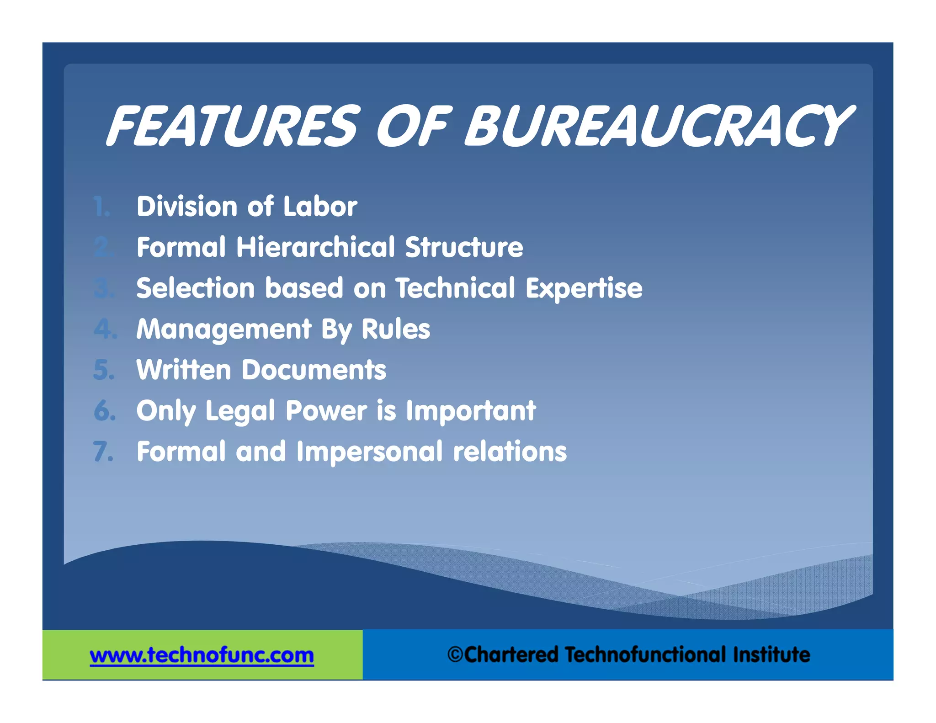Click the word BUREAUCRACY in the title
tap(658, 126)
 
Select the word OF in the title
tap(414, 126)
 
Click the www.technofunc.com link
tap(202, 655)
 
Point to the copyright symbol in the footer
tap(455, 654)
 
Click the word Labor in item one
tap(320, 206)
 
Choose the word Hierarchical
tap(315, 247)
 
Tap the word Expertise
tap(584, 288)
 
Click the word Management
tap(224, 330)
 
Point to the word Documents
tap(314, 370)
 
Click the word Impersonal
tap(369, 452)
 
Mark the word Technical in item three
tap(455, 288)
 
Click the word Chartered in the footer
tap(511, 654)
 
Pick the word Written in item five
tap(184, 370)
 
